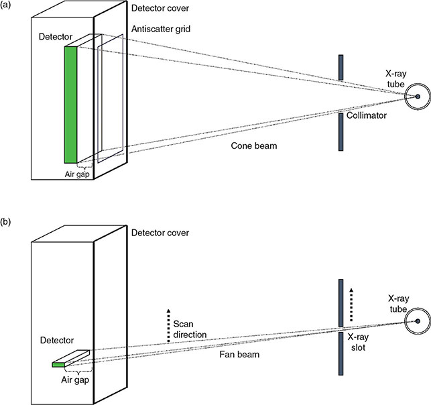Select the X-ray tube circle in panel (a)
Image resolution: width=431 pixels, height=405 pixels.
click(417, 98)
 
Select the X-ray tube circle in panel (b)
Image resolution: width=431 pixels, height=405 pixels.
click(417, 323)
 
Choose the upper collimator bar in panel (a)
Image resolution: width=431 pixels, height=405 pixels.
click(342, 69)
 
